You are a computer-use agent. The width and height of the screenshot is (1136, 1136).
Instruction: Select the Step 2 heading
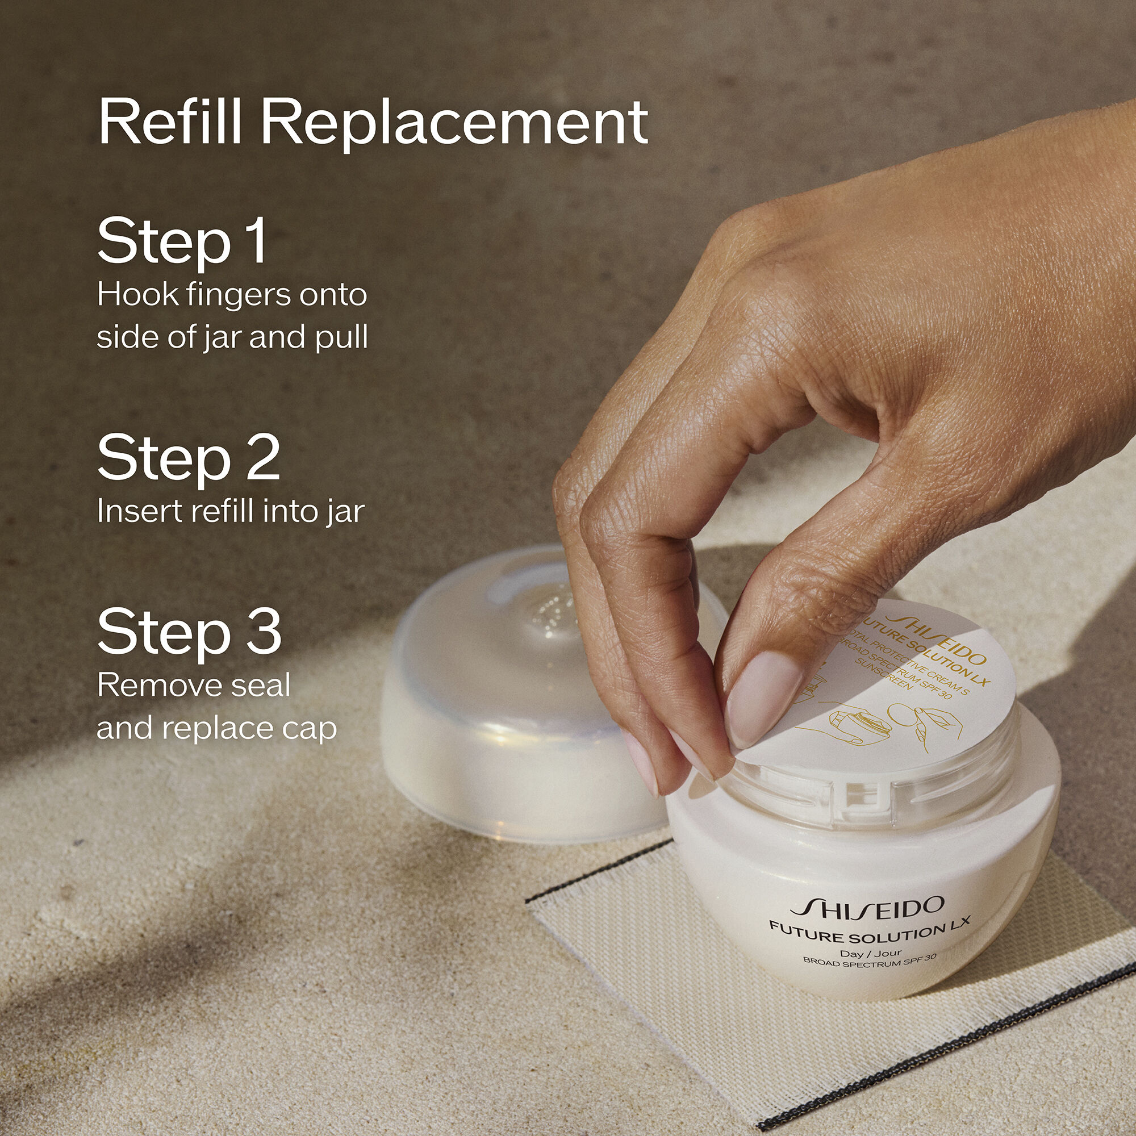(188, 457)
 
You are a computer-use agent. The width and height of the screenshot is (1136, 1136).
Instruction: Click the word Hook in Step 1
(129, 294)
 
